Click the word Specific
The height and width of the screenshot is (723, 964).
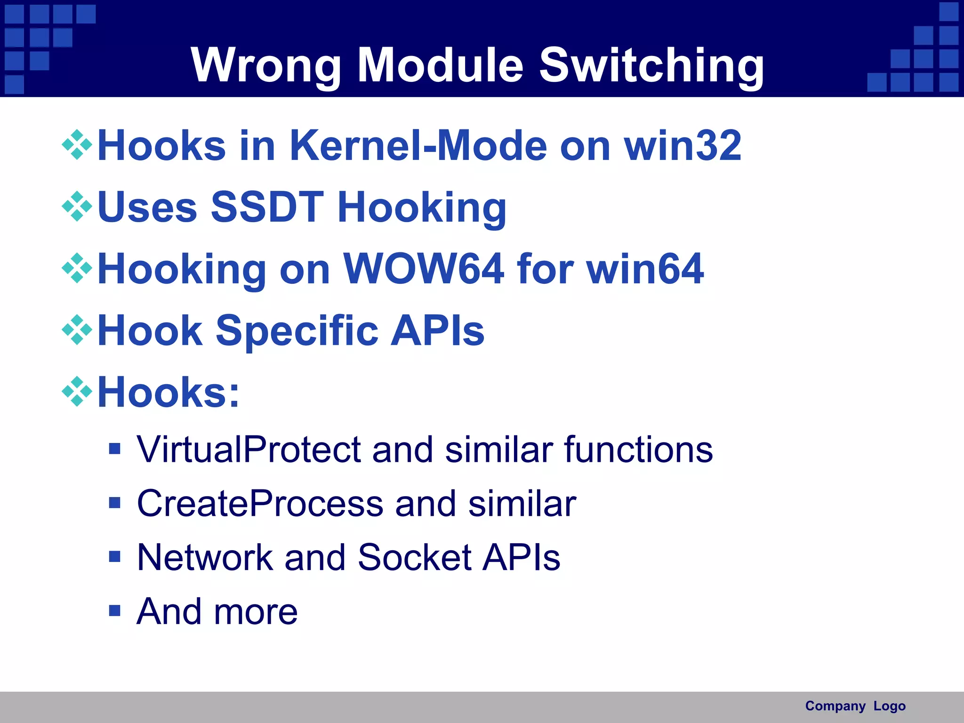(297, 331)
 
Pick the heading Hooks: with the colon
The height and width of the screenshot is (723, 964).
(168, 392)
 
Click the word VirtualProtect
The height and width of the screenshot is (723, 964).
(248, 450)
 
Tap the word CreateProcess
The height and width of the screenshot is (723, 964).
(259, 504)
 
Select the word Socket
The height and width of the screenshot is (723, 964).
(414, 558)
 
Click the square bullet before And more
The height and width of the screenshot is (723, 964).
(114, 611)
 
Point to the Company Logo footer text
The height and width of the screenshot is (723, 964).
(855, 706)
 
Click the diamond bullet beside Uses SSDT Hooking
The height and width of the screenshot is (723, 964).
(77, 207)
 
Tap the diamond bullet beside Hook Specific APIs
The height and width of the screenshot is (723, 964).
(77, 330)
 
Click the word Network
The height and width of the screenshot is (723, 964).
(205, 558)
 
